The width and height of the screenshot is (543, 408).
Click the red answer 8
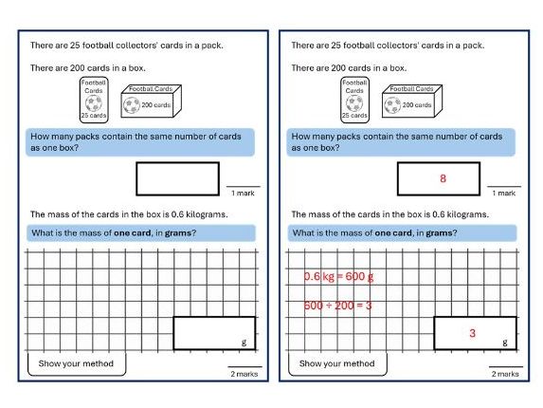(x=443, y=178)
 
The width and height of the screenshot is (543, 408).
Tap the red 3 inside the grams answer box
(x=472, y=333)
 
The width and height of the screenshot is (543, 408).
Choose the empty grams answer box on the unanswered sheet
(x=213, y=333)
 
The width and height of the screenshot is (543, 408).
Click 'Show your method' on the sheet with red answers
(x=336, y=363)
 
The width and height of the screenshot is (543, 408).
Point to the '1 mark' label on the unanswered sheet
(x=243, y=194)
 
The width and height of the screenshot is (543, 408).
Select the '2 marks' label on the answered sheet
(x=504, y=374)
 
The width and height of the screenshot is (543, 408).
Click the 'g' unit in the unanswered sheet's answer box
(x=244, y=343)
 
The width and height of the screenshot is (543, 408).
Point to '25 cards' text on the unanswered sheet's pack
(x=93, y=116)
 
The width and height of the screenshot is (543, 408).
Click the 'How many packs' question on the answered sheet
(x=397, y=142)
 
